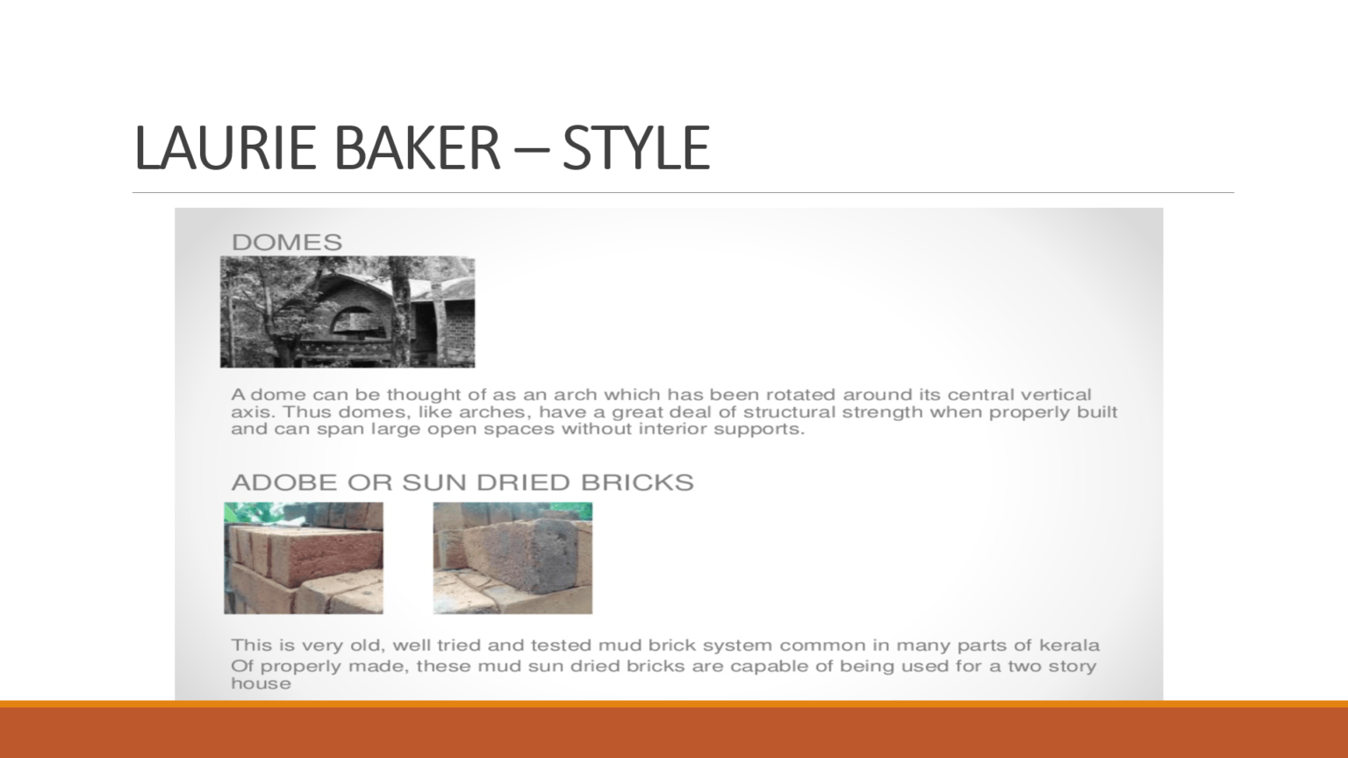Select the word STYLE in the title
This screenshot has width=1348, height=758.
pos(635,147)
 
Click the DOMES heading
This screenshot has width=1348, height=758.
pos(286,242)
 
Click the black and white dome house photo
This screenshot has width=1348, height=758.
pos(348,311)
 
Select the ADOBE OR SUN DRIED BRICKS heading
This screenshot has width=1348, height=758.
pos(462,483)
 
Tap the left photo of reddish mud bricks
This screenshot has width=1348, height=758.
pos(304,557)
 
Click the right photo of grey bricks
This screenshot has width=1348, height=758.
pos(513,557)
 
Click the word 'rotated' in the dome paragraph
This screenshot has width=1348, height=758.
pos(801,395)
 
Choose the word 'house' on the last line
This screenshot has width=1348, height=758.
pos(261,684)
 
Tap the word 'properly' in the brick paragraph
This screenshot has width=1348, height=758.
pos(298,666)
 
